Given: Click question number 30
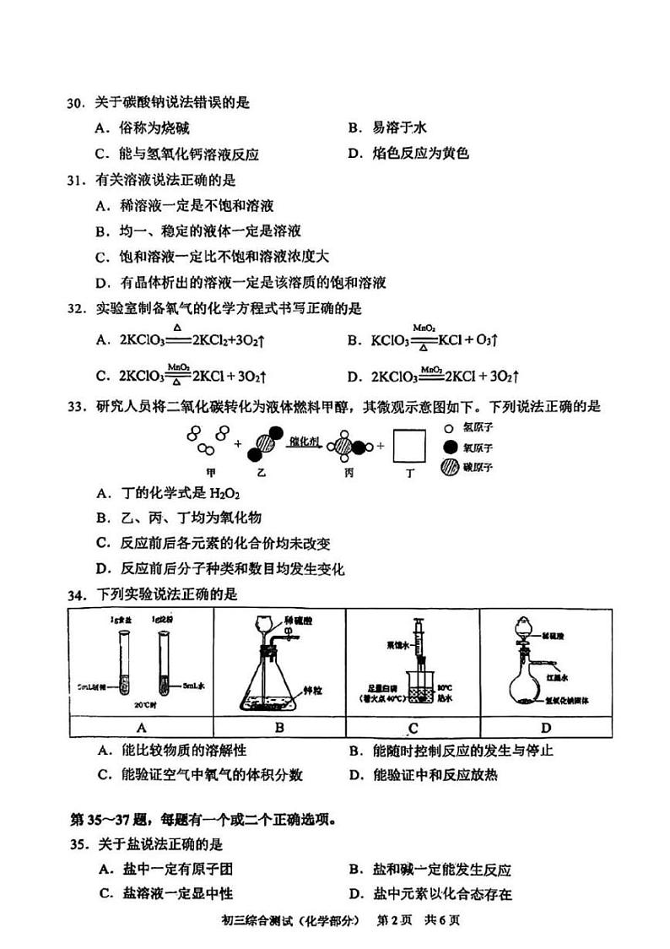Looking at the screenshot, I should point(77,103).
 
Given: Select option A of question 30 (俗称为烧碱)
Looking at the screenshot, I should point(143,128).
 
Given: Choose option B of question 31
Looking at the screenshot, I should point(199,230).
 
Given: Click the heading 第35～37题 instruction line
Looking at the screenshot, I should point(203,819).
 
